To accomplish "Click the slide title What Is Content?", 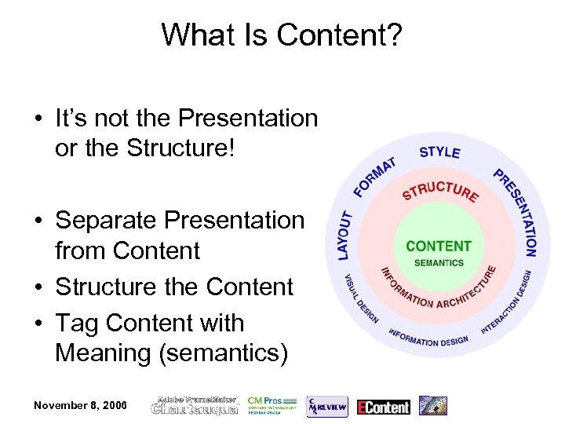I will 282,35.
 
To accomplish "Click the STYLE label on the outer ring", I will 439,151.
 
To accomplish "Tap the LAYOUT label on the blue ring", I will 344,235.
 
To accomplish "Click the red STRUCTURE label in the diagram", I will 440,191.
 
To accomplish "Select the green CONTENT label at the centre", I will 439,246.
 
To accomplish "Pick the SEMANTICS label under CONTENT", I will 439,263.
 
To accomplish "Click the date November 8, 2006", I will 80,405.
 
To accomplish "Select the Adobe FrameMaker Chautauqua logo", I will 195,405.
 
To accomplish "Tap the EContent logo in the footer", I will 383,407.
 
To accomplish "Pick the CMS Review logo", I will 326,406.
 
